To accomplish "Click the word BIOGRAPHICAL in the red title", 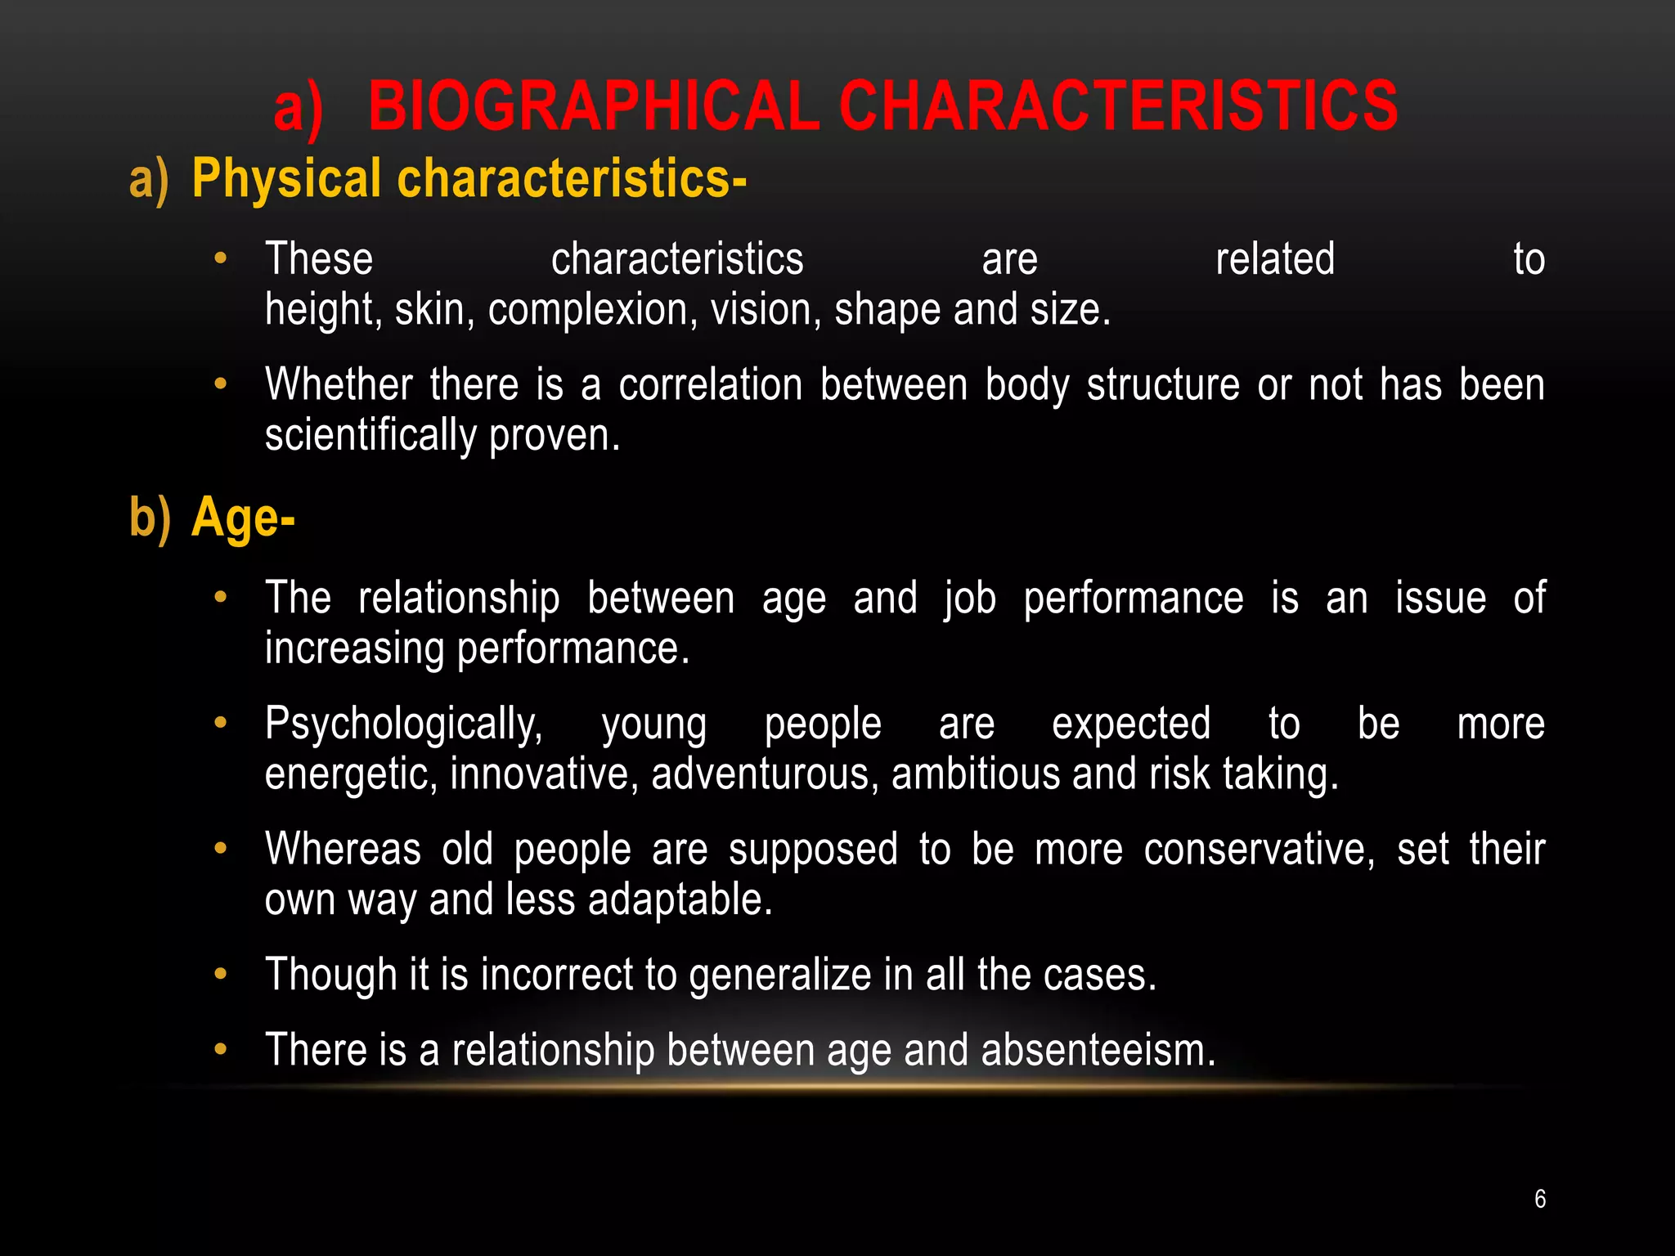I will click(x=593, y=106).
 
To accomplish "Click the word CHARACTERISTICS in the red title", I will click(x=1119, y=106).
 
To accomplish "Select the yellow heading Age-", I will click(x=243, y=518).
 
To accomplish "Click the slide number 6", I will click(x=1540, y=1199).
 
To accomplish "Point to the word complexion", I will click(x=593, y=311).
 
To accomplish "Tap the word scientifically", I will click(x=370, y=435).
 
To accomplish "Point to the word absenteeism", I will click(x=1098, y=1050).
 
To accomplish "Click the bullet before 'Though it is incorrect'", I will click(x=219, y=974).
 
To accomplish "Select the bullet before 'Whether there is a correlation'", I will click(x=219, y=384).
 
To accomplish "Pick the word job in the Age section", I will click(x=969, y=599).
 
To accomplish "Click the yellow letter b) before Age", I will click(x=150, y=518).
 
